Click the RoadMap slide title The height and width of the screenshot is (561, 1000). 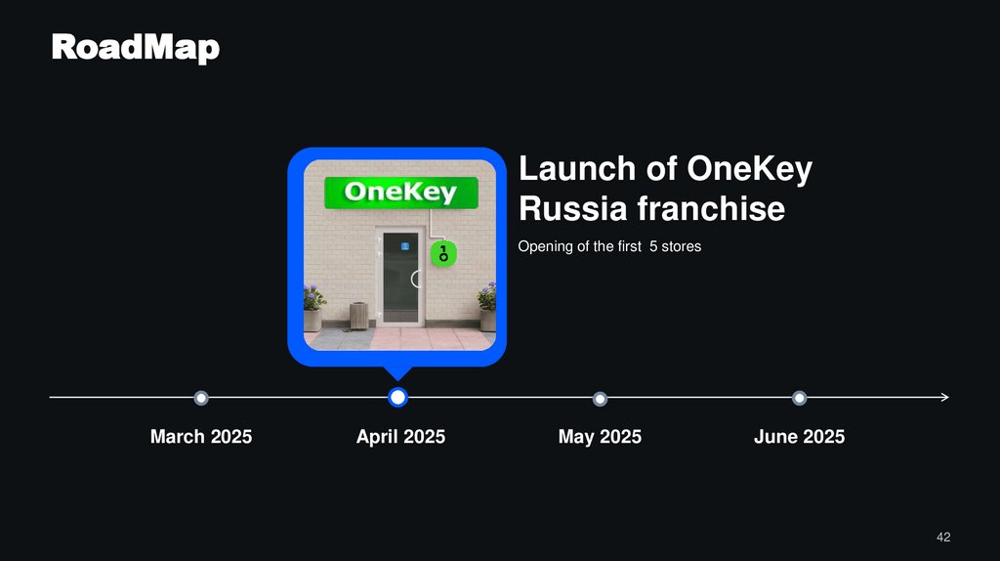pyautogui.click(x=135, y=47)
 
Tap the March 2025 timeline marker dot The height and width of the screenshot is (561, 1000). pyautogui.click(x=201, y=398)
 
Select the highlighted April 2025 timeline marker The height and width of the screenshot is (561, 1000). pyautogui.click(x=397, y=398)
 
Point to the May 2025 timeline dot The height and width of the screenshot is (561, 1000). pyautogui.click(x=600, y=398)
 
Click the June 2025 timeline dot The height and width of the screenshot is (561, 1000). pyautogui.click(x=799, y=398)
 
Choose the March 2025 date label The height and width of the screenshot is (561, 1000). pyautogui.click(x=201, y=437)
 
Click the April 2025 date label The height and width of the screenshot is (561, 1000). pyautogui.click(x=400, y=437)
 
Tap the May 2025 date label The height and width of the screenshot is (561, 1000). pyautogui.click(x=600, y=437)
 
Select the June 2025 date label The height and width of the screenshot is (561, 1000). pyautogui.click(x=799, y=437)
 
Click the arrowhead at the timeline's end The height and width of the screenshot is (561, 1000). pyautogui.click(x=943, y=398)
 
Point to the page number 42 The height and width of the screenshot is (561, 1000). pyautogui.click(x=942, y=537)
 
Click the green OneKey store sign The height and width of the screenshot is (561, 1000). pyautogui.click(x=400, y=193)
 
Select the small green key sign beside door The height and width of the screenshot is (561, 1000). pyautogui.click(x=441, y=257)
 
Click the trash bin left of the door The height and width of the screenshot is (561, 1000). pyautogui.click(x=358, y=315)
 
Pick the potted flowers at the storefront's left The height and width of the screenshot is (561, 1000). pyautogui.click(x=313, y=308)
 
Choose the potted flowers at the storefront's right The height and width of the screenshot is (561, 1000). pyautogui.click(x=486, y=308)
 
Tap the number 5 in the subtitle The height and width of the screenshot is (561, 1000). pyautogui.click(x=652, y=247)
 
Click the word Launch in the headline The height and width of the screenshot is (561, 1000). pyautogui.click(x=576, y=169)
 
